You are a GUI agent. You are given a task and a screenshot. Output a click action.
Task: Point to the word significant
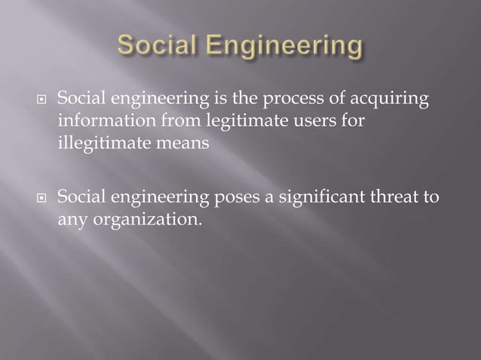(x=320, y=200)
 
